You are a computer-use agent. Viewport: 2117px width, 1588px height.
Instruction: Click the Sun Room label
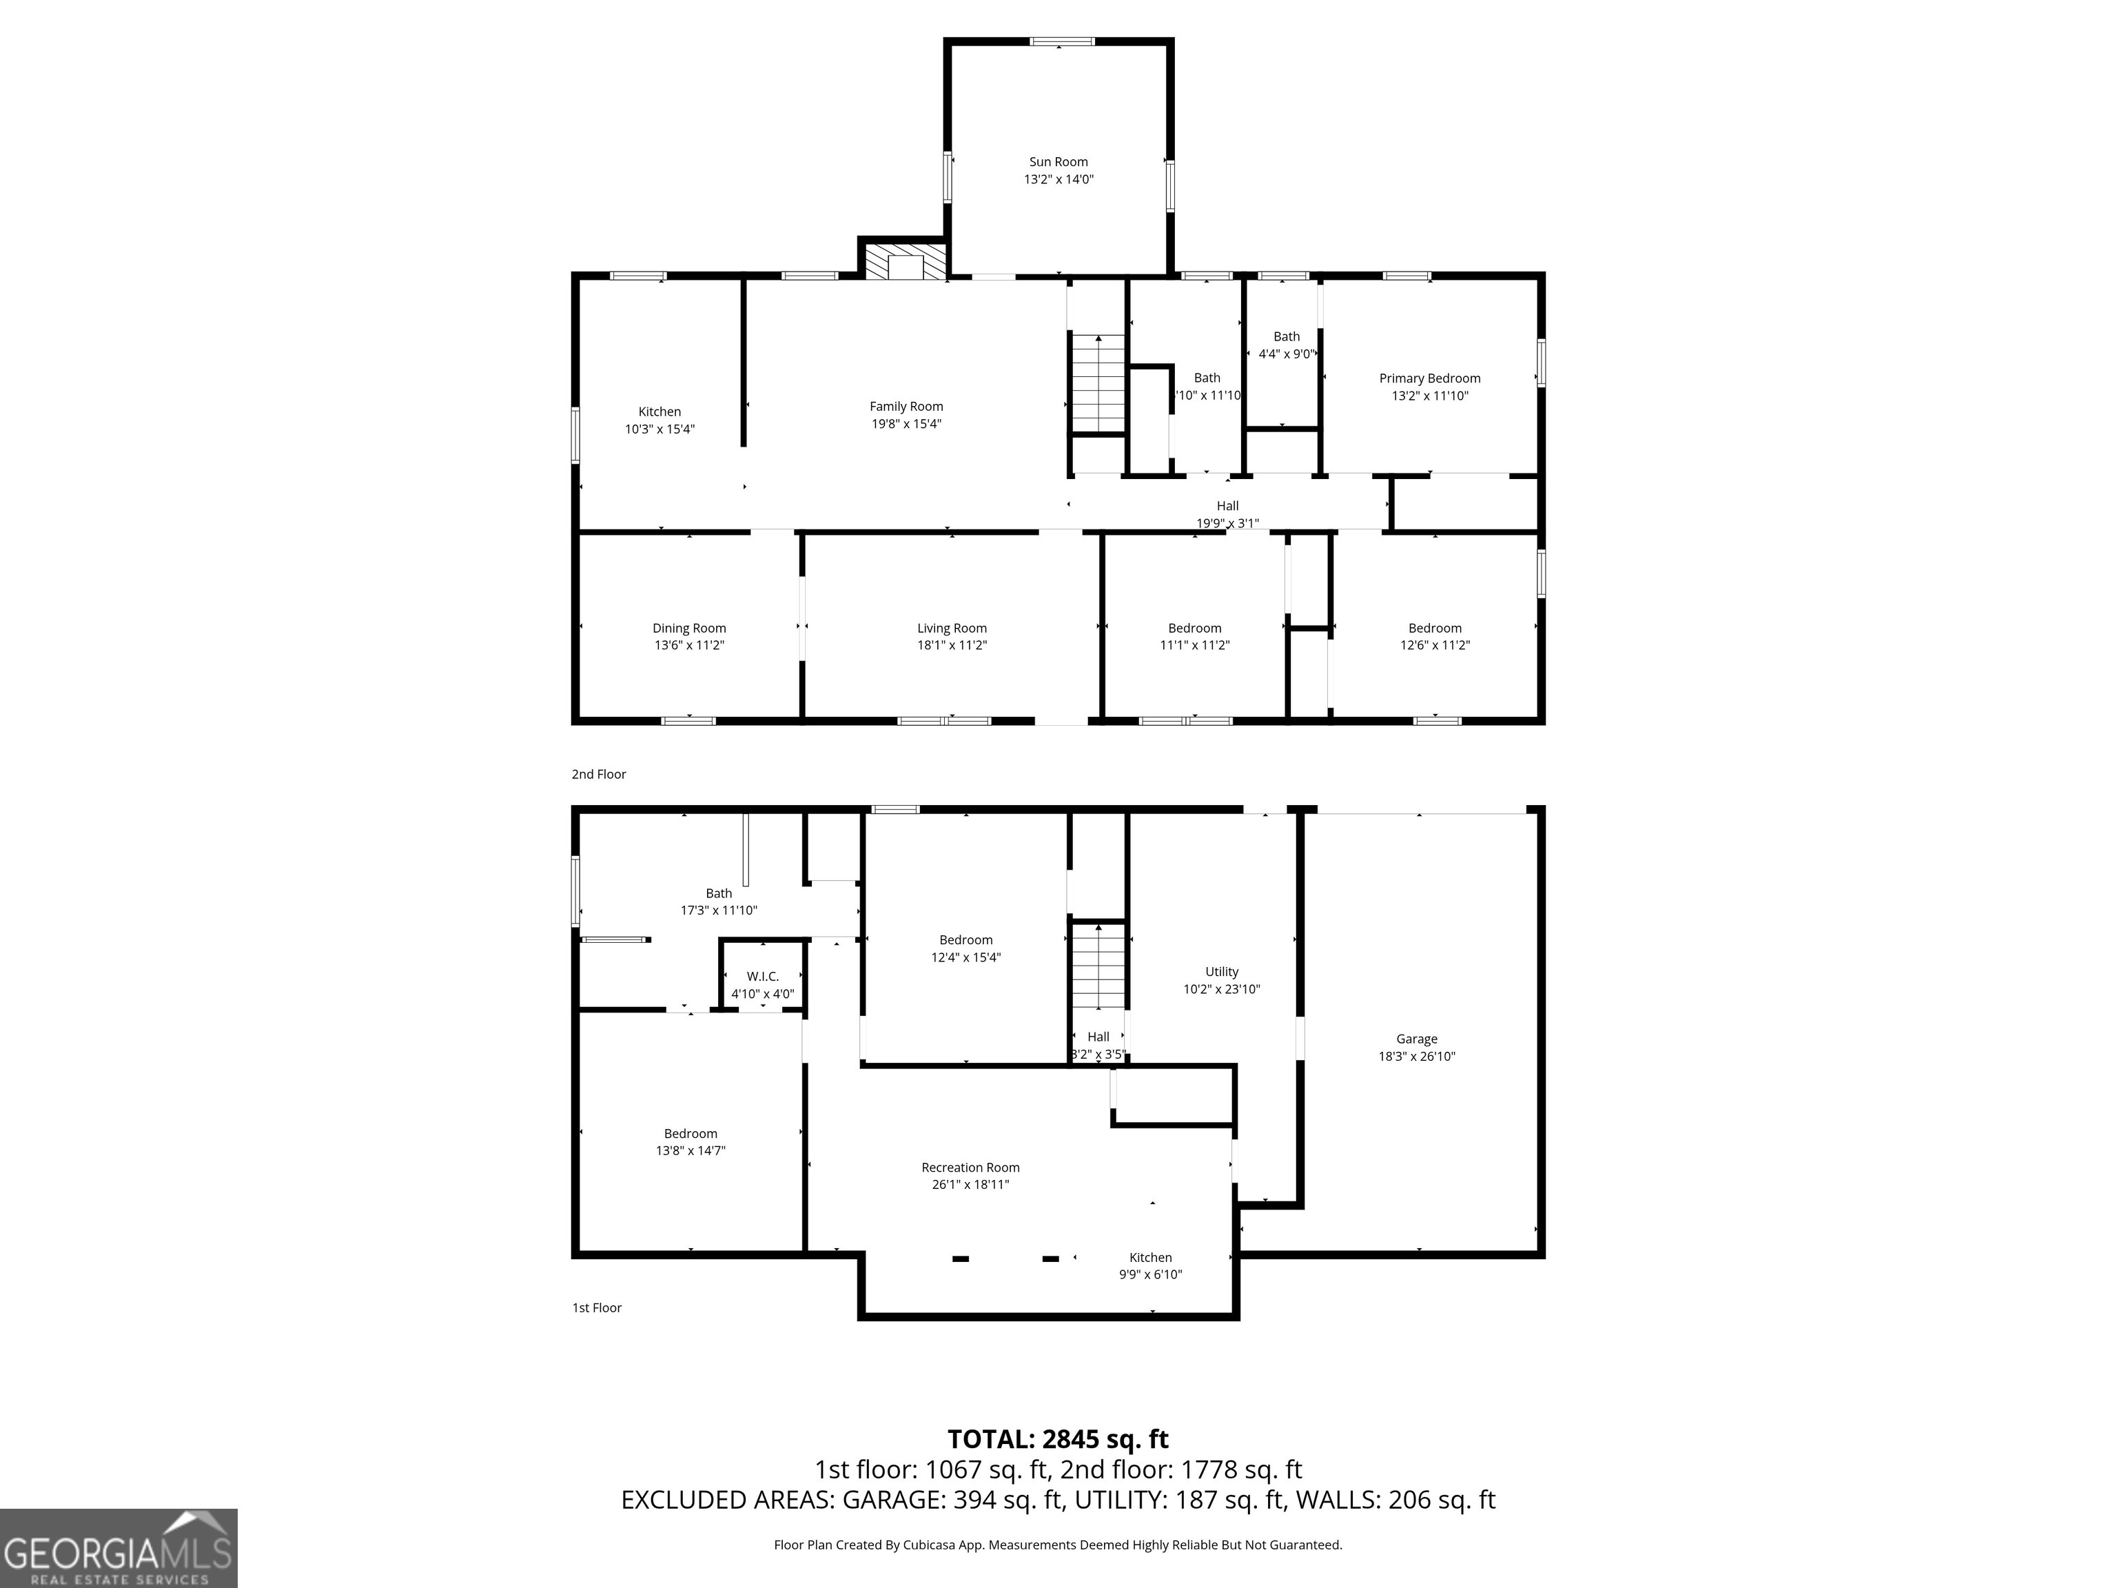1058,162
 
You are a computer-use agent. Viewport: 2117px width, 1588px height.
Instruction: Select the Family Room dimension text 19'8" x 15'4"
906,424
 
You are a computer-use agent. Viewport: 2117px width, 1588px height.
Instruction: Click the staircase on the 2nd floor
1098,383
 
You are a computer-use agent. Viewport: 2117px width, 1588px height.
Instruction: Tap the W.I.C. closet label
763,977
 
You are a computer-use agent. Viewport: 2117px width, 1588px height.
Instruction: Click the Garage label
1416,1039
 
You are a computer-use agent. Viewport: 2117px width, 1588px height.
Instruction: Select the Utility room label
1221,972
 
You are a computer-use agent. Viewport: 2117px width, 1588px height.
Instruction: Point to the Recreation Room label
970,1167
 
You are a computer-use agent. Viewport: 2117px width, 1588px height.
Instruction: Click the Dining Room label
689,628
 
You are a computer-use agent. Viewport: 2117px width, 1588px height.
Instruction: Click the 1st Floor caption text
597,1307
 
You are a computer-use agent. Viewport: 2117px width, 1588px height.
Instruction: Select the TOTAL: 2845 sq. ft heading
1058,1438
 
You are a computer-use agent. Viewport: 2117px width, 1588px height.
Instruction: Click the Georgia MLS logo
119,1548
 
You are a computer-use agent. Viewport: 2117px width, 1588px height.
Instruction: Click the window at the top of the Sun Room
1061,41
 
